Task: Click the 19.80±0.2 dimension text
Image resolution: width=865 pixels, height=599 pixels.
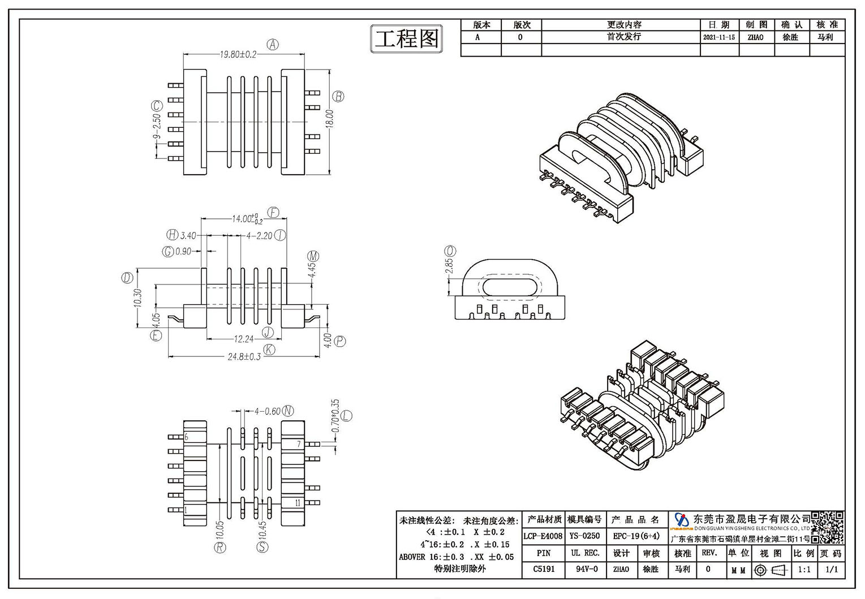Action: pyautogui.click(x=238, y=54)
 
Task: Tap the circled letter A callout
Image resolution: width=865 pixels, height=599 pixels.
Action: pyautogui.click(x=273, y=45)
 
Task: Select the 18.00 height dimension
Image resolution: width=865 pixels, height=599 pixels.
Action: pyautogui.click(x=329, y=119)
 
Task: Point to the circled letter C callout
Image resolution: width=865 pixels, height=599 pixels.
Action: pyautogui.click(x=157, y=106)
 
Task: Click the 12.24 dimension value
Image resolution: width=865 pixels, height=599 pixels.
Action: pyautogui.click(x=244, y=339)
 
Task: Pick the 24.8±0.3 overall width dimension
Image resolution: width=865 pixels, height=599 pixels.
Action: pyautogui.click(x=244, y=356)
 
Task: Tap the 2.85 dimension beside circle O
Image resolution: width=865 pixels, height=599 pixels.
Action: pyautogui.click(x=449, y=265)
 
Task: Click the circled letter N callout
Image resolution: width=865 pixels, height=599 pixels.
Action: pyautogui.click(x=288, y=411)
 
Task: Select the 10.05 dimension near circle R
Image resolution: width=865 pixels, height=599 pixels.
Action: pyautogui.click(x=220, y=530)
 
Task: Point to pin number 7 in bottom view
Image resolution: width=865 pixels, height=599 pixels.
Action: pyautogui.click(x=299, y=444)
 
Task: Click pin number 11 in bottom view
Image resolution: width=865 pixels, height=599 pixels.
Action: pyautogui.click(x=298, y=503)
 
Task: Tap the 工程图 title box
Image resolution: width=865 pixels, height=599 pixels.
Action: pyautogui.click(x=407, y=38)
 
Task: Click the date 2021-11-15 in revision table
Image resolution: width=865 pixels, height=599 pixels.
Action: pyautogui.click(x=719, y=37)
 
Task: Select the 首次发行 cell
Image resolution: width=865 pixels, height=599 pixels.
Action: pyautogui.click(x=624, y=37)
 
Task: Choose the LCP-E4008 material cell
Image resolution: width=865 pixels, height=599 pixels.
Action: pyautogui.click(x=543, y=536)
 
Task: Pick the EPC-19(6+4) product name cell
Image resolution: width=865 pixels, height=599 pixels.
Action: pyautogui.click(x=636, y=536)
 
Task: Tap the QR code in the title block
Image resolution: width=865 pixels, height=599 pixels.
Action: pyautogui.click(x=827, y=528)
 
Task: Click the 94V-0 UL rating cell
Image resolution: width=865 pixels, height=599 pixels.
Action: pyautogui.click(x=586, y=569)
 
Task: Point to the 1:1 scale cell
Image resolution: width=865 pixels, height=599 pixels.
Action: pyautogui.click(x=804, y=569)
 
